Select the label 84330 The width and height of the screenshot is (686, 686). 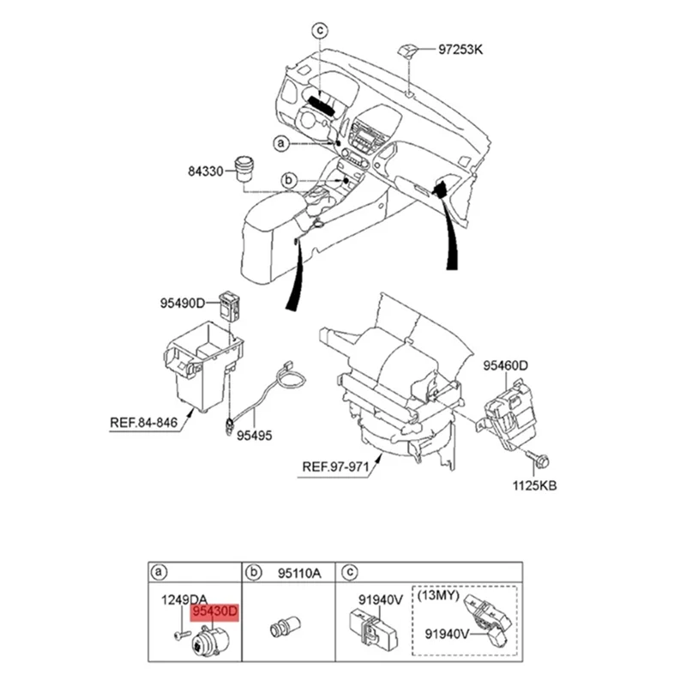click(x=205, y=171)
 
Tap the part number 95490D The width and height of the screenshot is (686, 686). click(x=183, y=303)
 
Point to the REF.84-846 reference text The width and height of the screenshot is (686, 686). click(x=143, y=422)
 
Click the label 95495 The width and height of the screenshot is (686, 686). click(x=254, y=436)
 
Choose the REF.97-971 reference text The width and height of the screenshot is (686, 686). click(x=336, y=468)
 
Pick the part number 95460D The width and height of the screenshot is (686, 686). click(x=504, y=365)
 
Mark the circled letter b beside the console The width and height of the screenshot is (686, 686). click(x=289, y=180)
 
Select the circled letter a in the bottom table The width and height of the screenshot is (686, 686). click(x=159, y=572)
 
